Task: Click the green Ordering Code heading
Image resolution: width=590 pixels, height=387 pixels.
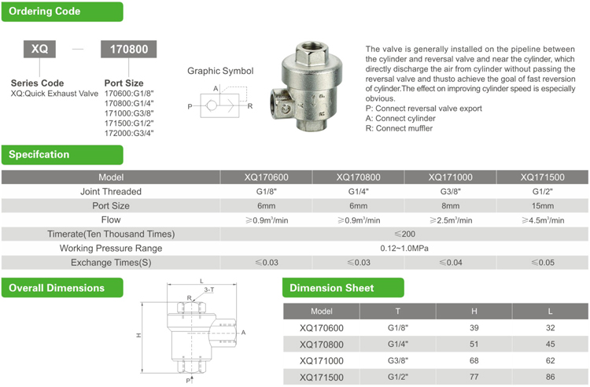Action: pyautogui.click(x=62, y=12)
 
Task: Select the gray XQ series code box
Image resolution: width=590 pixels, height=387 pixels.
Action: pyautogui.click(x=39, y=49)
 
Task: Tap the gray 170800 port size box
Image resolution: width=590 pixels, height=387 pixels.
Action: pyautogui.click(x=129, y=50)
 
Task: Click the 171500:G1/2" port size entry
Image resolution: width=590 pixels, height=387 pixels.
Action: pyautogui.click(x=129, y=123)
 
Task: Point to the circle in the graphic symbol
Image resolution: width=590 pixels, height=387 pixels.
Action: pyautogui.click(x=212, y=105)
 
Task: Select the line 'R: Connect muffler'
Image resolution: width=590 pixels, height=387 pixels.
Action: pyautogui.click(x=399, y=128)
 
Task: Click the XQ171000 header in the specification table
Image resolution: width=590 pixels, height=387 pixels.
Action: pyautogui.click(x=451, y=177)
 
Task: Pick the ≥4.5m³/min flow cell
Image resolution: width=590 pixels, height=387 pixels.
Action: pyautogui.click(x=543, y=220)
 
